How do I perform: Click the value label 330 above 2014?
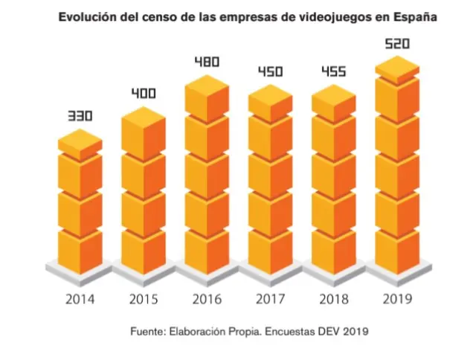pyautogui.click(x=80, y=117)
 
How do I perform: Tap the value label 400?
pyautogui.click(x=143, y=94)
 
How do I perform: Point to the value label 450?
pyautogui.click(x=270, y=72)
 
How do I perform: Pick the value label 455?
pyautogui.click(x=333, y=72)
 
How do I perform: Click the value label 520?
pyautogui.click(x=397, y=45)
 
